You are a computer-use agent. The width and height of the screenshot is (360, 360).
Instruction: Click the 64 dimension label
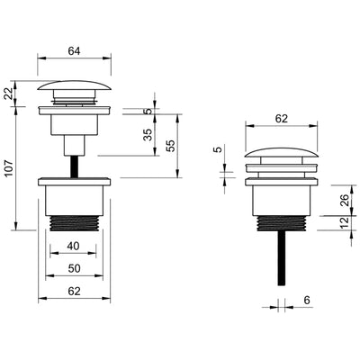[74, 51]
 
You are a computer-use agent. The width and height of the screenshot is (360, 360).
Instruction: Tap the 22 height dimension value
[9, 94]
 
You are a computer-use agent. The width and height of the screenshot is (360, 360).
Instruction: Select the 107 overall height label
[9, 168]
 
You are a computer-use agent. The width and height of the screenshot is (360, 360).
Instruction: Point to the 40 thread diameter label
[73, 246]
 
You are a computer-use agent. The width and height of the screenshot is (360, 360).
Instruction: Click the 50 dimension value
[74, 268]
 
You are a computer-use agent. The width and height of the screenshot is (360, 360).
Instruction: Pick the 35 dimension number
[148, 135]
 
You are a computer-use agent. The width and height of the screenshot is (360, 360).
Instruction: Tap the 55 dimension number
[170, 146]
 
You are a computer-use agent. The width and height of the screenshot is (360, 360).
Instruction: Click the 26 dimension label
[345, 200]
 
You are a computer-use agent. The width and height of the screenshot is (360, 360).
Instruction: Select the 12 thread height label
[345, 222]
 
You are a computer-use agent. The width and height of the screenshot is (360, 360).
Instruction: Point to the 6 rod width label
[307, 300]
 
